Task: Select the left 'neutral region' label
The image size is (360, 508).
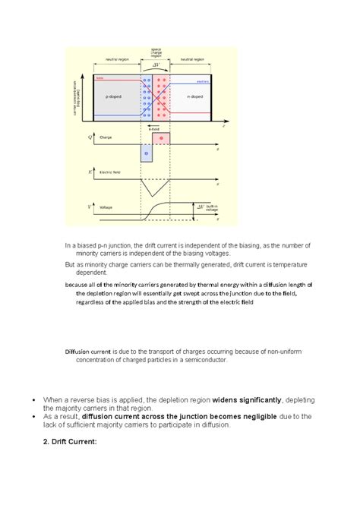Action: pyautogui.click(x=117, y=58)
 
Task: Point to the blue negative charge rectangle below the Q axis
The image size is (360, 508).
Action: pyautogui.click(x=147, y=152)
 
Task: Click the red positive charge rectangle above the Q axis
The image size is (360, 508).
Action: pyautogui.click(x=162, y=138)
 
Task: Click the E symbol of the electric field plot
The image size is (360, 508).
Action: pyautogui.click(x=91, y=173)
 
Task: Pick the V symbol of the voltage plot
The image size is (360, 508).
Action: pyautogui.click(x=91, y=206)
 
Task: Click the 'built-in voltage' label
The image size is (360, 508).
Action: pyautogui.click(x=213, y=209)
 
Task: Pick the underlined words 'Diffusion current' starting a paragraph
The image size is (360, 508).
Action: pyautogui.click(x=88, y=353)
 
